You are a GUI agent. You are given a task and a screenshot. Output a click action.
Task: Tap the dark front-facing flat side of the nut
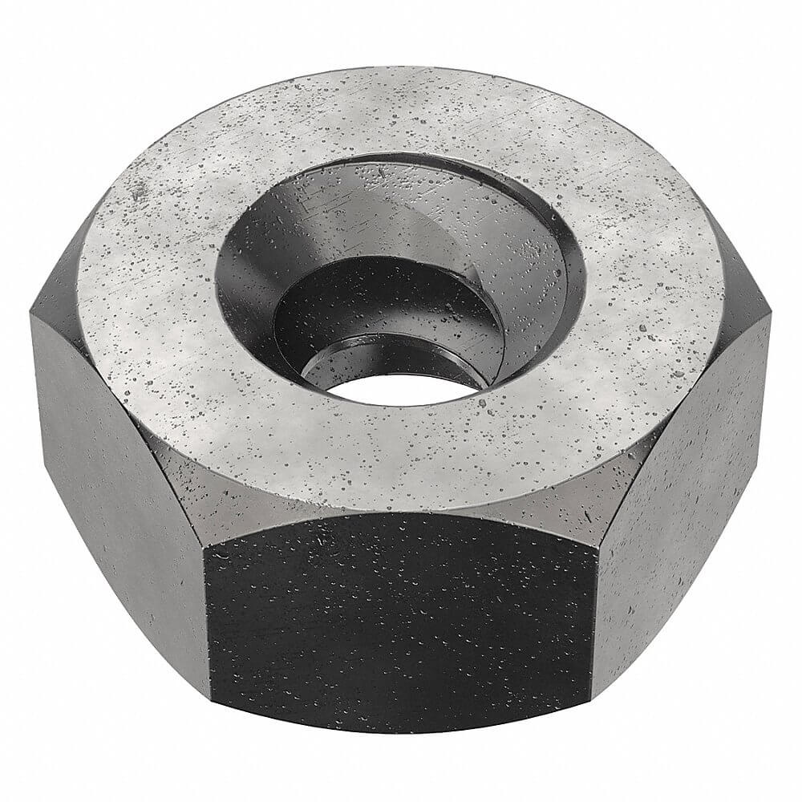[x=401, y=618]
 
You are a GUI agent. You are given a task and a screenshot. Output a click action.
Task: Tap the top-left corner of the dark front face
[x=207, y=545]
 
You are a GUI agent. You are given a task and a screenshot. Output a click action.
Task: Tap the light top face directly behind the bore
[x=401, y=112]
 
